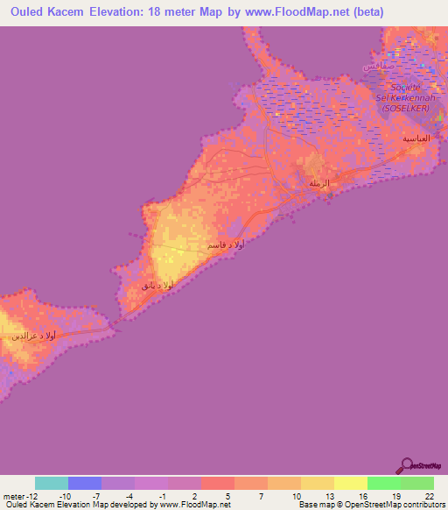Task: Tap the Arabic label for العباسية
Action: point(415,139)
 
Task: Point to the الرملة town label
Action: point(320,183)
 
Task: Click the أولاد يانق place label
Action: point(157,285)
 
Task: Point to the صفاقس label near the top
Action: point(382,67)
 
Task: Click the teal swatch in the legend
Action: point(52,483)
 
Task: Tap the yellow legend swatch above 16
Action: point(351,483)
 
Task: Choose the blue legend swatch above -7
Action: point(85,483)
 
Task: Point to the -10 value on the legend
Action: point(64,495)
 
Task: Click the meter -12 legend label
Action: point(18,495)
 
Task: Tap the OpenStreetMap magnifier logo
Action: point(405,466)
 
